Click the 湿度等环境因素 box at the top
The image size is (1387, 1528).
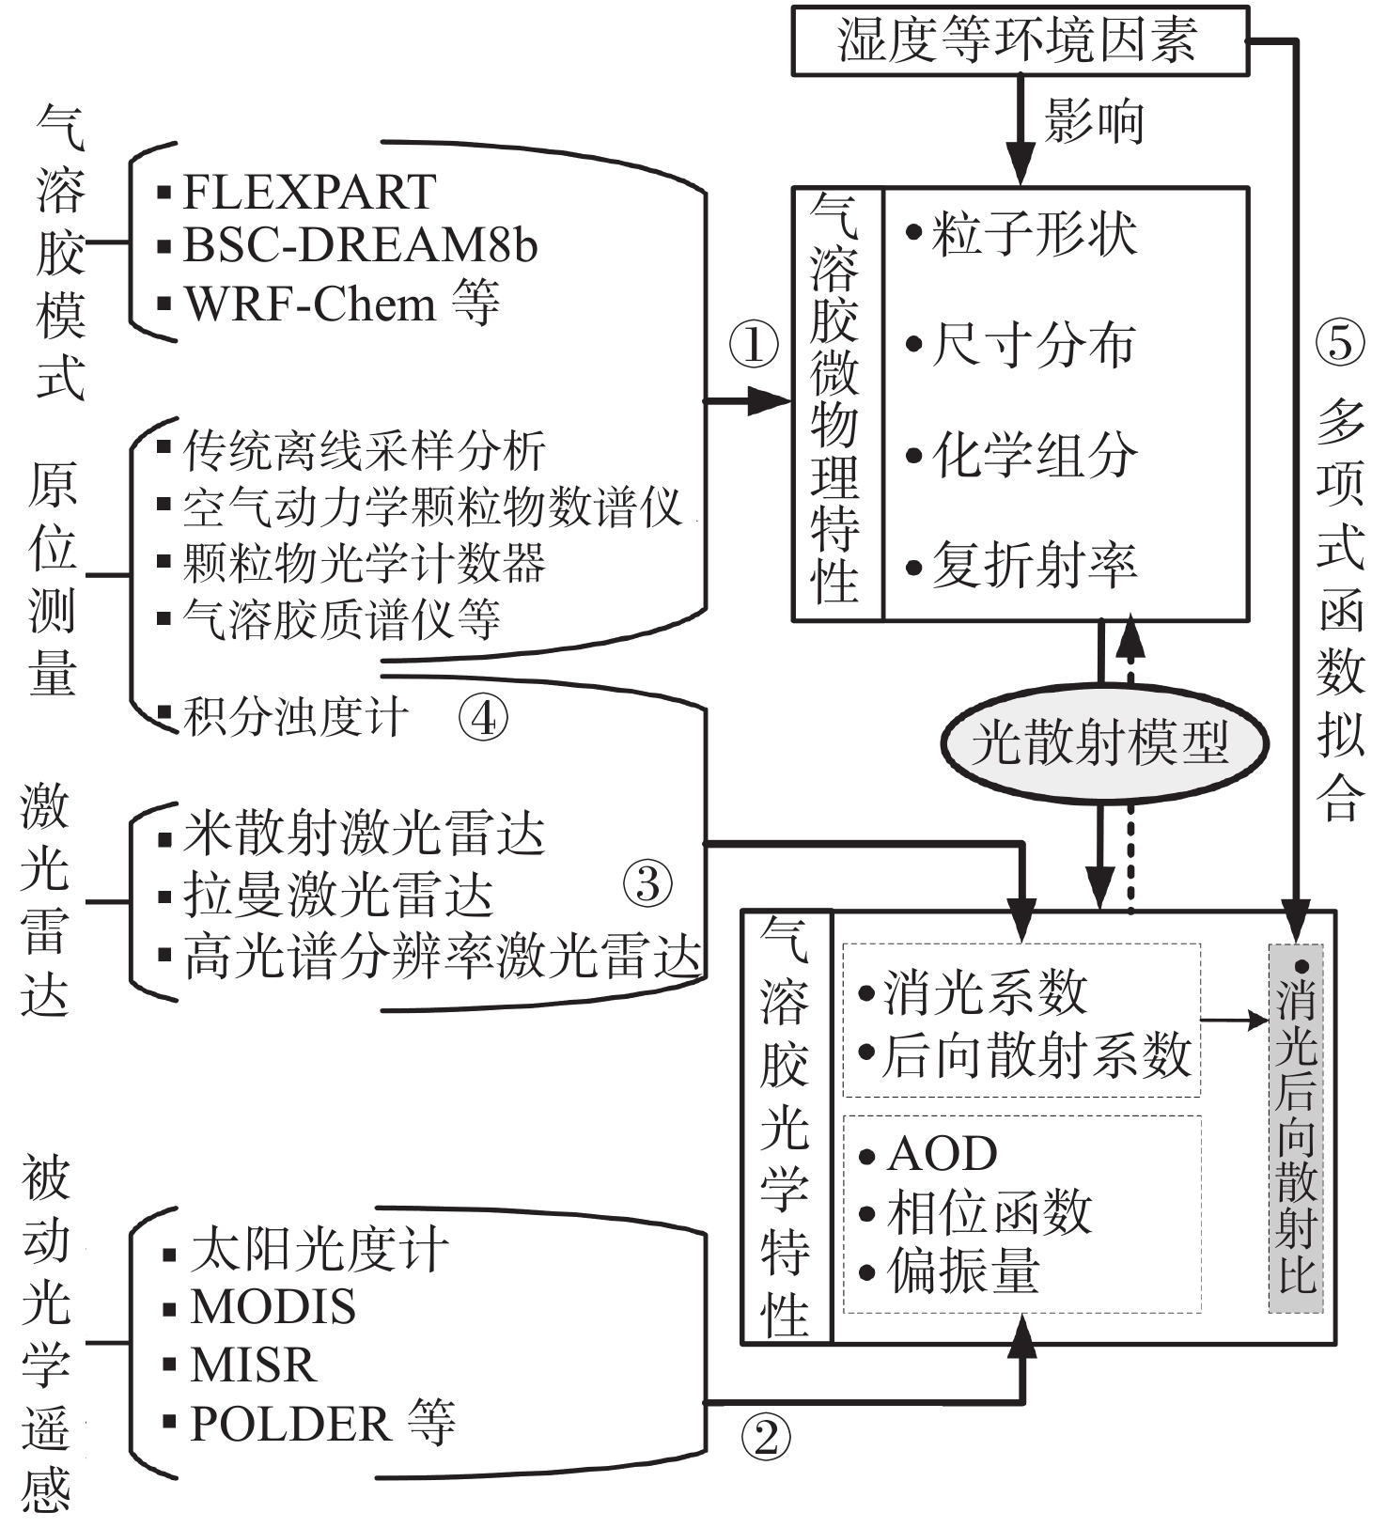(x=1019, y=40)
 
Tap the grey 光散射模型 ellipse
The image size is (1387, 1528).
(x=1103, y=742)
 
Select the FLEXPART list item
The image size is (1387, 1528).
(x=308, y=193)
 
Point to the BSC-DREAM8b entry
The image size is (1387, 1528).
(x=360, y=245)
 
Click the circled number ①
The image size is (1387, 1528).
(x=754, y=346)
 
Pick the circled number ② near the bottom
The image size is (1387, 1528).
(x=766, y=1437)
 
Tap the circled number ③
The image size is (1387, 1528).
(x=647, y=883)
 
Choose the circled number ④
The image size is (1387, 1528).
(x=483, y=718)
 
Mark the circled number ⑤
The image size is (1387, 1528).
(x=1339, y=343)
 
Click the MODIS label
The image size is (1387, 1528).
(x=273, y=1307)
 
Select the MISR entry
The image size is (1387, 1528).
(x=253, y=1364)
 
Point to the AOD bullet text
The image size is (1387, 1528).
(x=942, y=1154)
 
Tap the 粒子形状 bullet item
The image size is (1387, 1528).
(x=1034, y=233)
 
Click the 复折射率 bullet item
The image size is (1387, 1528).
(x=1034, y=566)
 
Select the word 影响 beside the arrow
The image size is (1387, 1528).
(x=1094, y=122)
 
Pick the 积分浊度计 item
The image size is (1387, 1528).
(x=295, y=718)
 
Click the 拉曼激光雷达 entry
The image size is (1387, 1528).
(x=338, y=895)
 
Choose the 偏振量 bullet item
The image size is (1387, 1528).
(x=963, y=1271)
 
